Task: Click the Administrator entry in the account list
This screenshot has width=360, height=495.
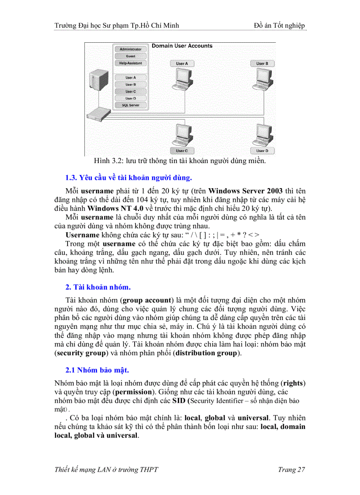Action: coord(131,49)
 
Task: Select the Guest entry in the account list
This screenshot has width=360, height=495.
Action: coord(131,56)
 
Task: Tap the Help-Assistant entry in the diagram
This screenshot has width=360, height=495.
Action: coord(131,63)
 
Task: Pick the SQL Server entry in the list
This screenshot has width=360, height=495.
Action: coord(131,105)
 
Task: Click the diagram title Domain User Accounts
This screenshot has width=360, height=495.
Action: coord(182,46)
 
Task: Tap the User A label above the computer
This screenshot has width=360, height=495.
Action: coord(182,63)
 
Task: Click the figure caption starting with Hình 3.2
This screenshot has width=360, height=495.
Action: coord(180,160)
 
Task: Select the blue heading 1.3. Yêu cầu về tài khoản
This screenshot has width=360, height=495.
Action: coord(128,178)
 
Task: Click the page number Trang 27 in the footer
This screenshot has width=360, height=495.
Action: coord(292,469)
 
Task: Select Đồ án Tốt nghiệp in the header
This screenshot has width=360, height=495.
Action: coord(280,26)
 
